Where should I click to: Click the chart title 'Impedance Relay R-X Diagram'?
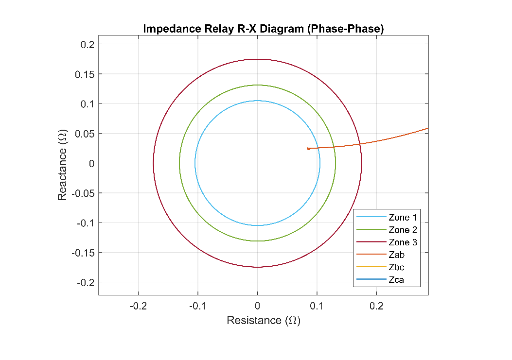tap(264, 29)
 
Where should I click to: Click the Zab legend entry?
tap(397, 255)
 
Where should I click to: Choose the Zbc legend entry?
tap(397, 267)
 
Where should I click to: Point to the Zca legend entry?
tap(397, 280)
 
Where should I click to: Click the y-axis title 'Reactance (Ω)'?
tap(62, 165)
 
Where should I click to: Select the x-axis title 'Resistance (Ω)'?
tap(264, 321)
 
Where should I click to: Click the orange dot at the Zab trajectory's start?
tap(308, 148)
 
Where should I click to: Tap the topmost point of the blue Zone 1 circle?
tap(257, 101)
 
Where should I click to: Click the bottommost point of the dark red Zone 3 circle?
tap(257, 267)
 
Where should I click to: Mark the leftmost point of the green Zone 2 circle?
tap(179, 163)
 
